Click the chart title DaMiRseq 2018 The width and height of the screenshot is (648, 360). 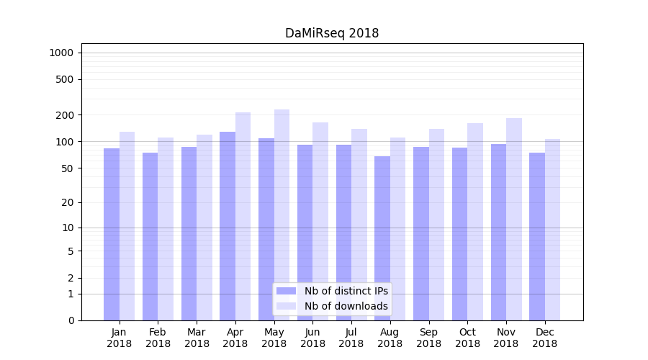click(x=332, y=33)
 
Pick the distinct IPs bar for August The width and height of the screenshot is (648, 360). click(x=382, y=238)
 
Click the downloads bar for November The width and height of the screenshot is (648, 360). click(x=514, y=219)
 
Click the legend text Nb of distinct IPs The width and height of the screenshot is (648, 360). click(x=346, y=291)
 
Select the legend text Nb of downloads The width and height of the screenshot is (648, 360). click(x=346, y=306)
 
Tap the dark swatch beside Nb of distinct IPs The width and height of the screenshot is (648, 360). click(x=286, y=291)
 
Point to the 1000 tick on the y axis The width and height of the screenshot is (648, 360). click(x=61, y=53)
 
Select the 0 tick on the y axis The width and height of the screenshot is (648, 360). click(x=71, y=320)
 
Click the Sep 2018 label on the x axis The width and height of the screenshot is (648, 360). click(x=428, y=338)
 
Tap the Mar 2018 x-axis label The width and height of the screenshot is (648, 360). click(x=197, y=338)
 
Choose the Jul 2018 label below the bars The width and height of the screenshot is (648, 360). click(x=351, y=338)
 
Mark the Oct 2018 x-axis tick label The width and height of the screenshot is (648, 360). click(x=467, y=338)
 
